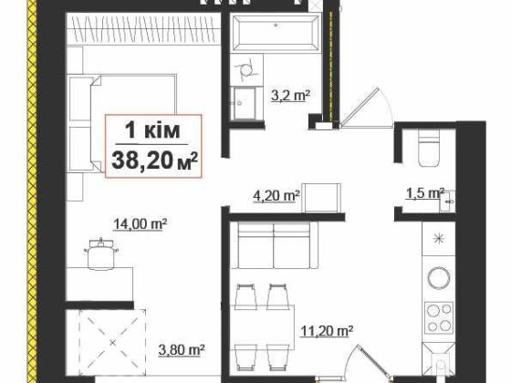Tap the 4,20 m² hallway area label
tap(276, 194)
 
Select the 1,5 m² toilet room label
tap(423, 193)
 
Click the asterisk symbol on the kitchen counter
tap(439, 239)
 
